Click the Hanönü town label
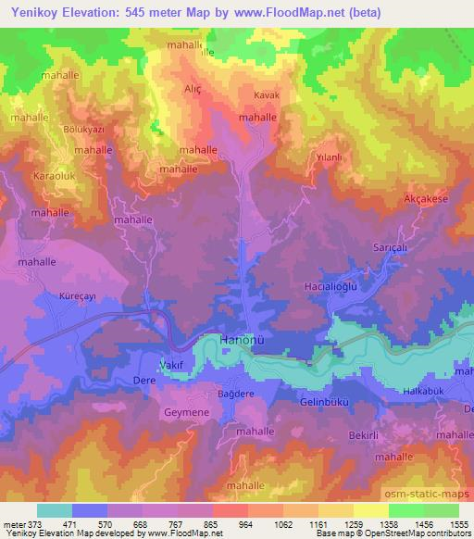click(245, 341)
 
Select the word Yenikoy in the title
click(28, 12)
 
